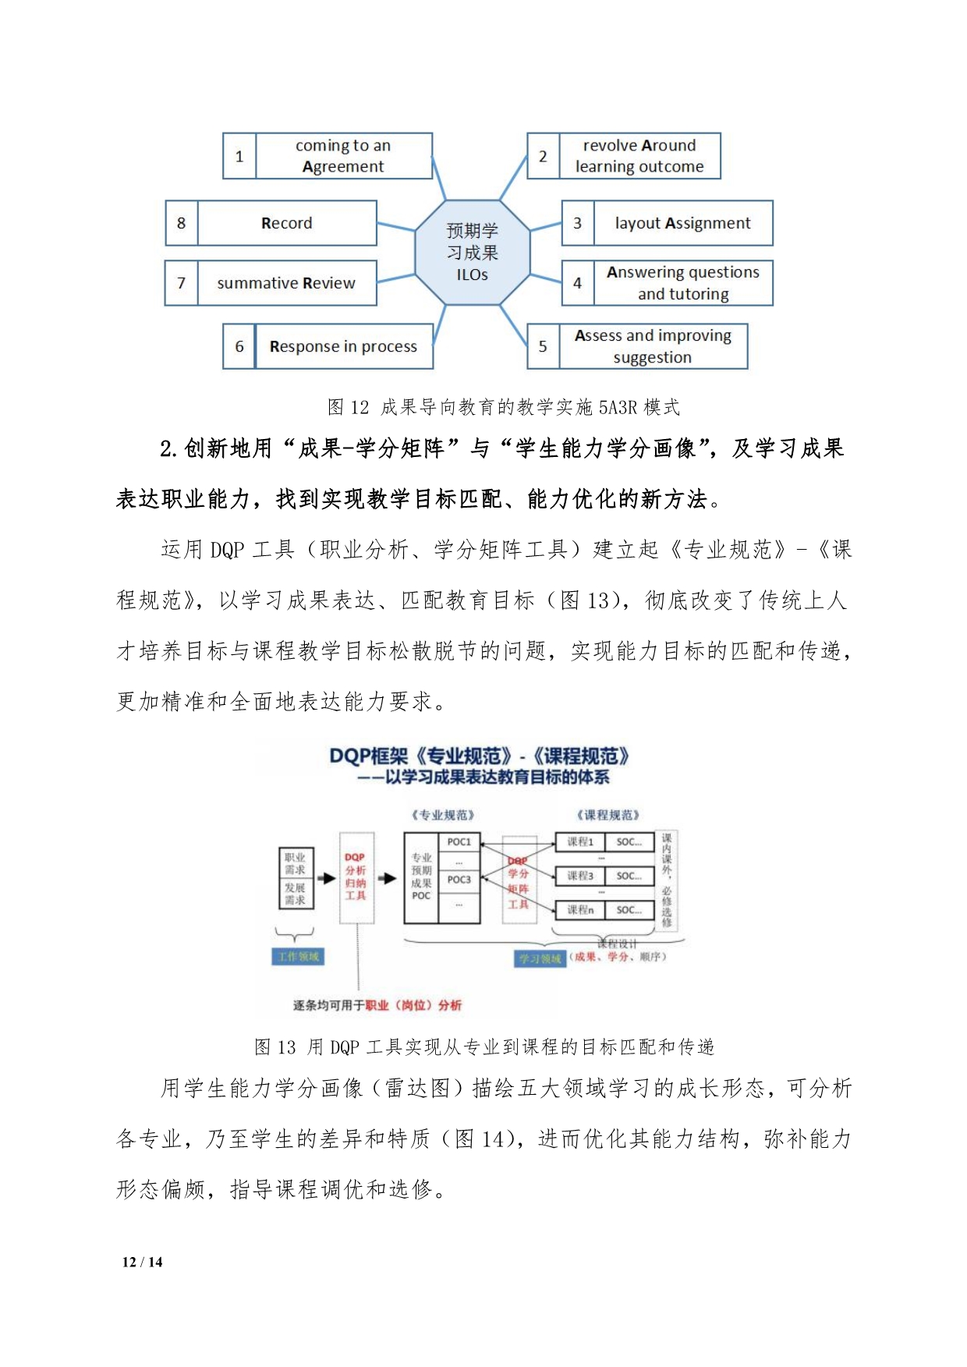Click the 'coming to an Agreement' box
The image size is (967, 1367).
point(343,156)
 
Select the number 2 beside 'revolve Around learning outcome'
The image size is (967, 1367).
point(543,156)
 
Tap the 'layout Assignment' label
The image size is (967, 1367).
point(682,223)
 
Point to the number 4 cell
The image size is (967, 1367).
point(577,283)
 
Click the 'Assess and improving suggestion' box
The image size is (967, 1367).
point(653,346)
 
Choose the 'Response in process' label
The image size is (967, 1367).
point(343,346)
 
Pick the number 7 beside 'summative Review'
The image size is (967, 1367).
point(181,283)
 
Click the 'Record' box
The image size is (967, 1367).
point(286,223)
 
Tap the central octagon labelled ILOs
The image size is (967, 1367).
point(472,252)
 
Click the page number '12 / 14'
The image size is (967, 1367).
point(143,1262)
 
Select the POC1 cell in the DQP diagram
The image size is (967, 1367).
point(459,842)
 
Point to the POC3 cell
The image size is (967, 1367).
point(459,880)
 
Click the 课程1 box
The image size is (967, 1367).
point(580,842)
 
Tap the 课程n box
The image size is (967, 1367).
point(580,910)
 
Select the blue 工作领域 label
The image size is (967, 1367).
point(299,957)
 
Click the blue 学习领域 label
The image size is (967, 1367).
point(540,958)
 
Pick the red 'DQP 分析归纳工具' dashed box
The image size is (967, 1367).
point(356,877)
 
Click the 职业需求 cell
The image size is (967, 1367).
point(295,863)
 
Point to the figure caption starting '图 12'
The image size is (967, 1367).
point(503,407)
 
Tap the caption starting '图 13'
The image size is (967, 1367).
point(483,1046)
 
